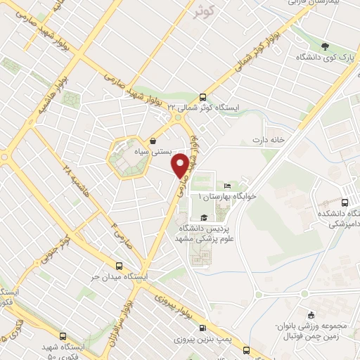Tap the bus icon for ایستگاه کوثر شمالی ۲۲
[x=203, y=98]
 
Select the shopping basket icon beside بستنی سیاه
[x=153, y=141]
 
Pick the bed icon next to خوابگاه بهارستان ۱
[x=226, y=186]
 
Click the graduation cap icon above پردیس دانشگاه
[x=204, y=217]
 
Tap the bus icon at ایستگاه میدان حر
[x=119, y=266]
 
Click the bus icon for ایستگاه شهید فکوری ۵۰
[x=63, y=336]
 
